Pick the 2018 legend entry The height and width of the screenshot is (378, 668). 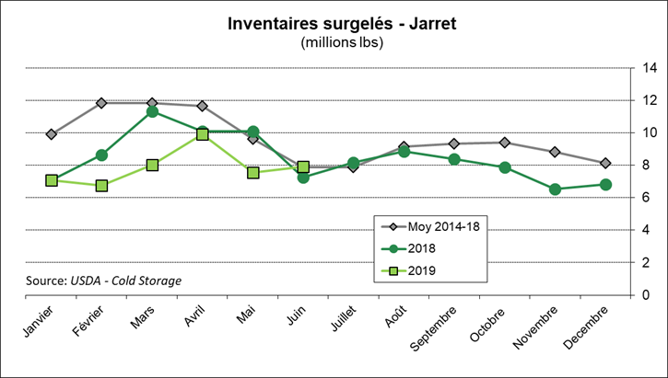tap(409, 248)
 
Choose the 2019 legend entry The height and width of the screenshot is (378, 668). tap(409, 269)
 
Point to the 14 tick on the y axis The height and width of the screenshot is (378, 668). tap(649, 68)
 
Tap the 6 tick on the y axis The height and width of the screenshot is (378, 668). tap(649, 198)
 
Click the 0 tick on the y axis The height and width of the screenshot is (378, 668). tap(649, 295)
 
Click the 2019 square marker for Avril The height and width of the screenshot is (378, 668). tap(203, 134)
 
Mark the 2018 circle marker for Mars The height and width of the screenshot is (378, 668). tap(153, 112)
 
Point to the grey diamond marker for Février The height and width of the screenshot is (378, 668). tap(102, 103)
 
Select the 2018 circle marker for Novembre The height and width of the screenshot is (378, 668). tap(555, 189)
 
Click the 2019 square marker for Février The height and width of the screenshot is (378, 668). tap(102, 186)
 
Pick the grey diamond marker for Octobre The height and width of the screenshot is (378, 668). tap(505, 143)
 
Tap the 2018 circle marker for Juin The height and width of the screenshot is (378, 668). tap(303, 178)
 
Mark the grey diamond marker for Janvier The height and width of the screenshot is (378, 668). tap(52, 134)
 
